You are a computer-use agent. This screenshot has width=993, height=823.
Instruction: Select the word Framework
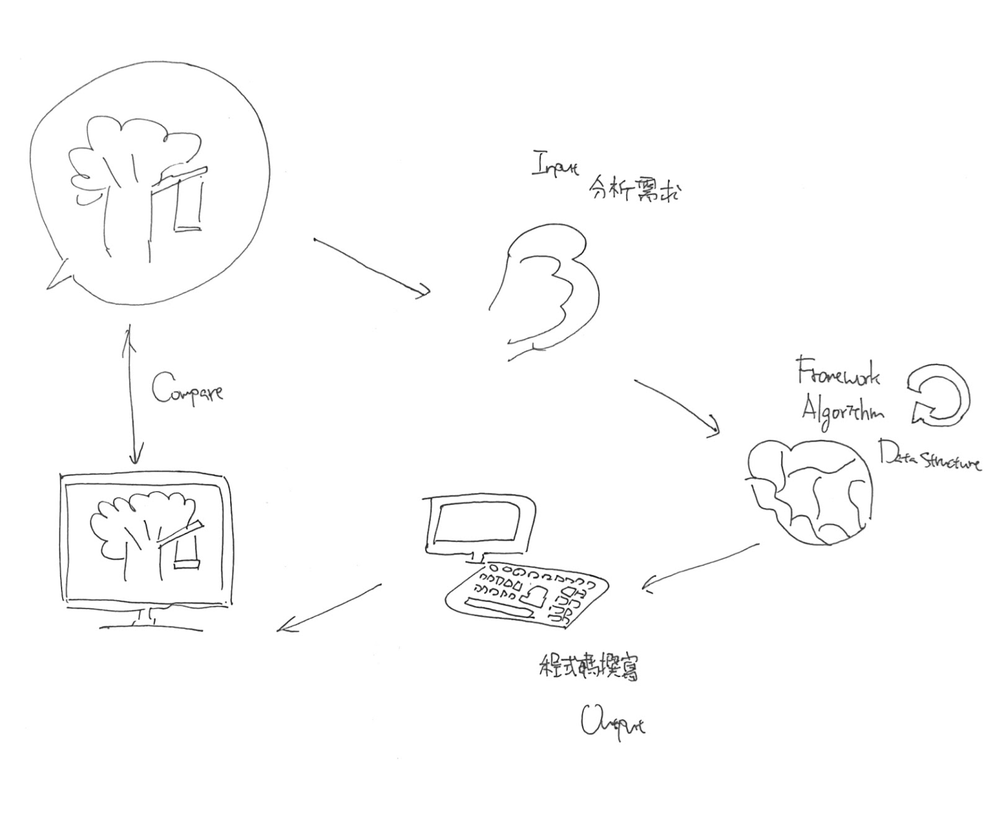[x=838, y=372]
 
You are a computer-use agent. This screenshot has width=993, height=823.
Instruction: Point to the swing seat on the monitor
[x=187, y=564]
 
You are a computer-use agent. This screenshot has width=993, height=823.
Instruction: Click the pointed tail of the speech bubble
[x=58, y=277]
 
